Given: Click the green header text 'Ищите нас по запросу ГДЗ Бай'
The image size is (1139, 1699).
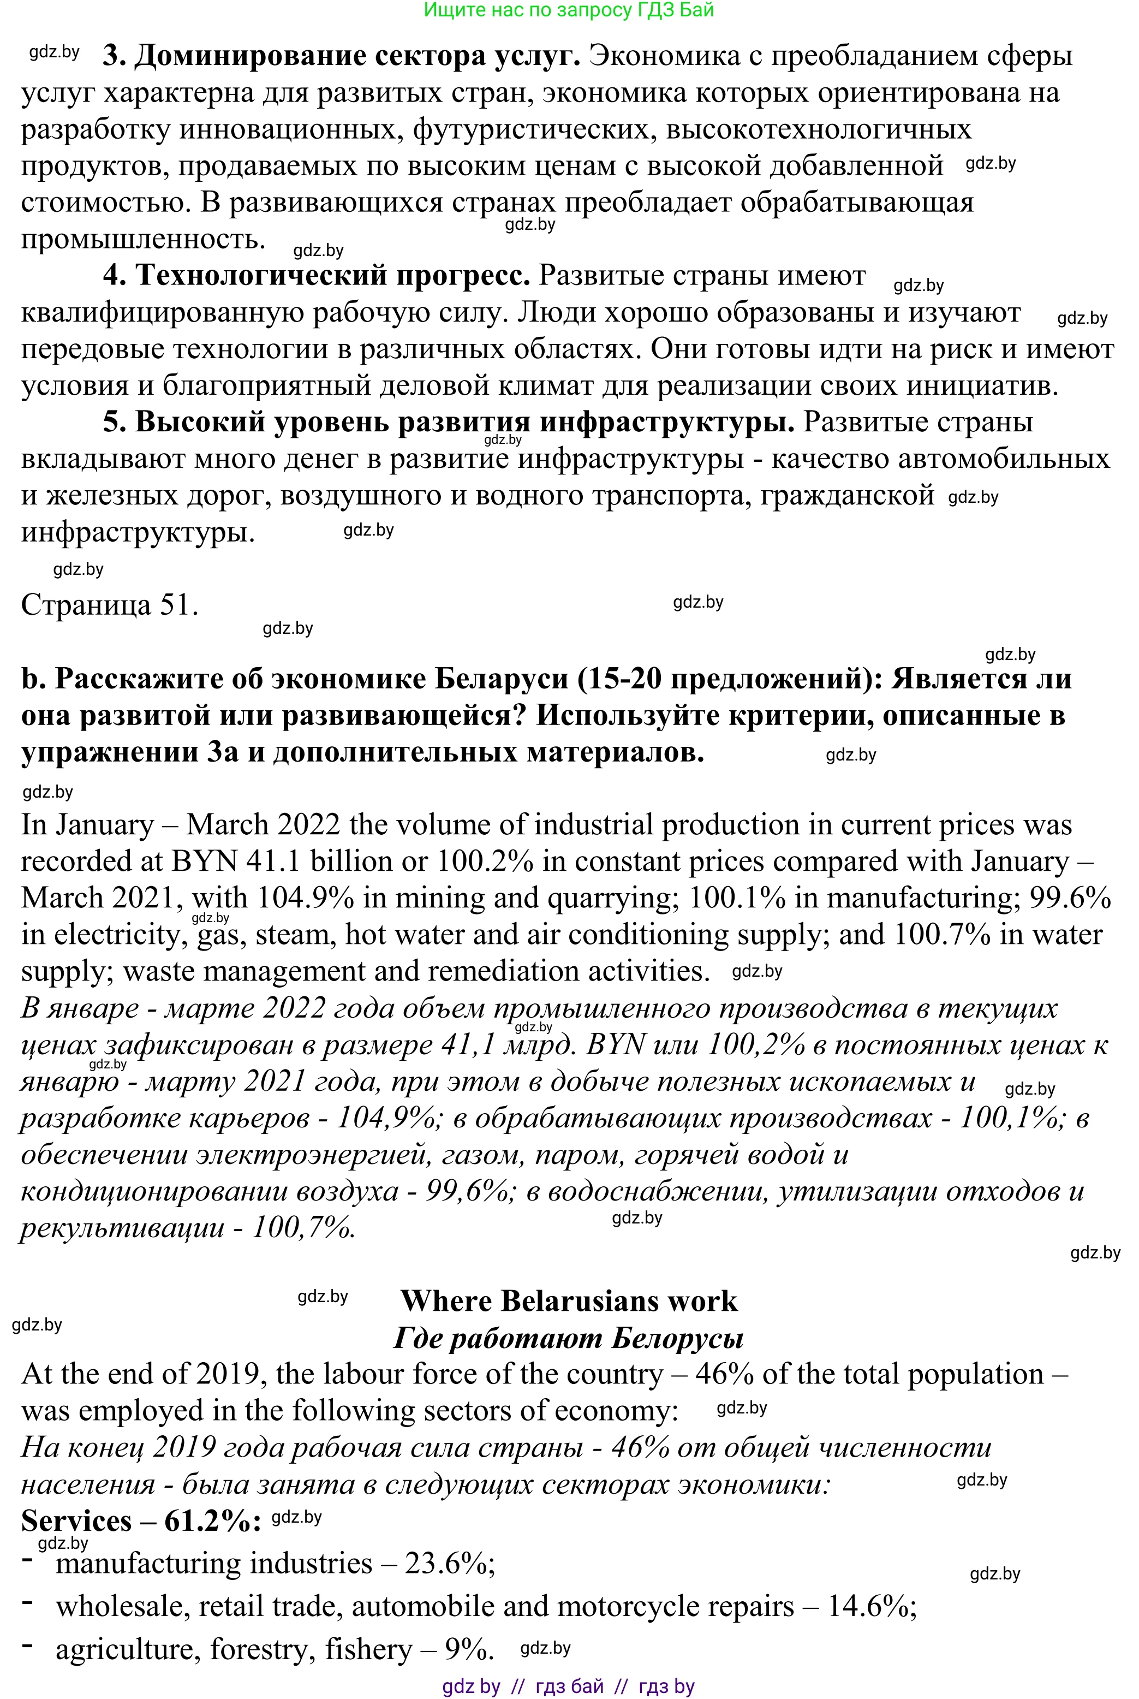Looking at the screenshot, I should click(568, 10).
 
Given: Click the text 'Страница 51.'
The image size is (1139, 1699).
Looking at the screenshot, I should click(109, 604).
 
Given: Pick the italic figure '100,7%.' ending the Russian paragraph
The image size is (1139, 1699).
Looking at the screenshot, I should click(303, 1227).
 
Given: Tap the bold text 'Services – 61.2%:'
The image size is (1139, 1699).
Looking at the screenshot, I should click(141, 1520).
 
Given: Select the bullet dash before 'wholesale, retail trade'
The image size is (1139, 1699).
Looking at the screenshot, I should click(28, 1601).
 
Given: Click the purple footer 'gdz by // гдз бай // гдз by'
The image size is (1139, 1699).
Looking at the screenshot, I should click(568, 1686).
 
